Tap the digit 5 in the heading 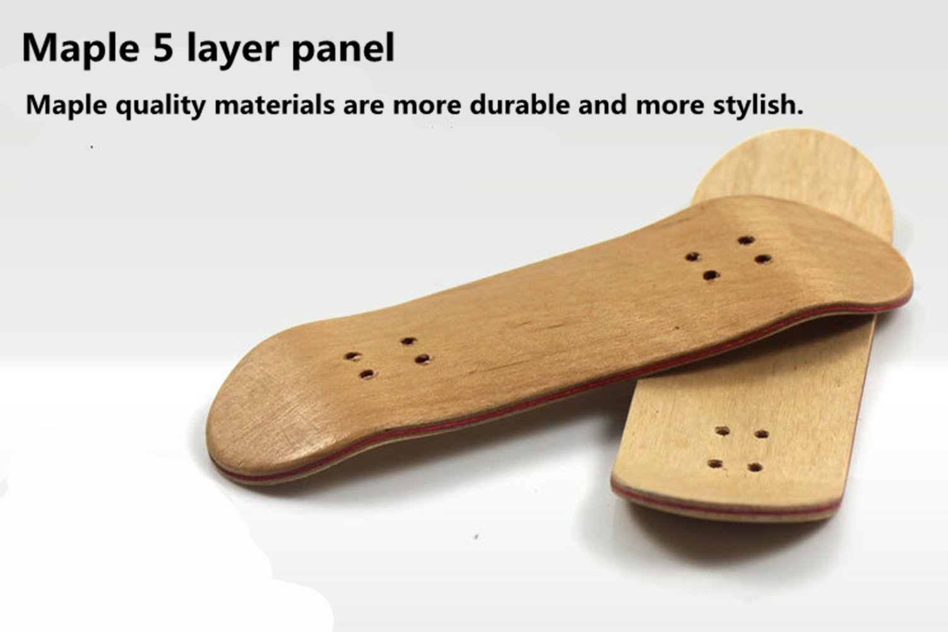162,48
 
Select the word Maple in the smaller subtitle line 66,105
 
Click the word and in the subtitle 602,104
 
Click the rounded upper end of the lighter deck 797,164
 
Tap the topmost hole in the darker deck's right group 746,241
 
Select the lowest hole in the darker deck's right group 711,275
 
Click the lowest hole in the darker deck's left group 366,374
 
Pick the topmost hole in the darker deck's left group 408,342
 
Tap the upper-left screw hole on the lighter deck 723,432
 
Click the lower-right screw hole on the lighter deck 755,468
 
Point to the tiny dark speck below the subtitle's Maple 92,147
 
